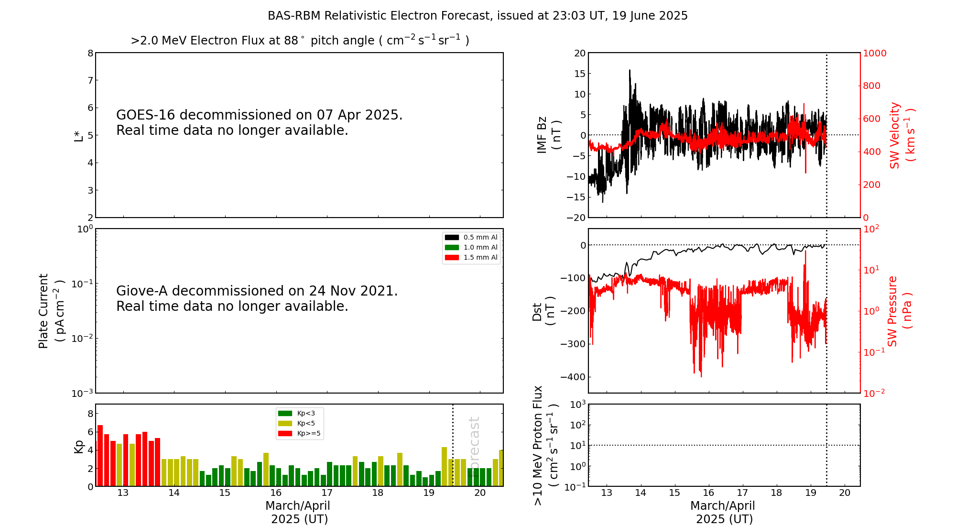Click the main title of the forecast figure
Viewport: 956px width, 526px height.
pos(478,16)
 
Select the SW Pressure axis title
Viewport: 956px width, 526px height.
pos(899,311)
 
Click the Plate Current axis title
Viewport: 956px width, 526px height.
pos(51,311)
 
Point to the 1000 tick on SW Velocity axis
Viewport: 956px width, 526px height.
pos(874,53)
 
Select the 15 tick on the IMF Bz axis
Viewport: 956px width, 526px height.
pos(579,74)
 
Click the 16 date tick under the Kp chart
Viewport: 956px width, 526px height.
pos(276,493)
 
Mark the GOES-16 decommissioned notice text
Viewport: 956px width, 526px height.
pos(259,122)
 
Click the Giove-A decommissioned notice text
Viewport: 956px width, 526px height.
pos(257,298)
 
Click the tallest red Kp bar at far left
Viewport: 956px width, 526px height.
pos(100,455)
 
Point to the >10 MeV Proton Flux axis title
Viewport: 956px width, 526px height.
pos(545,445)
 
